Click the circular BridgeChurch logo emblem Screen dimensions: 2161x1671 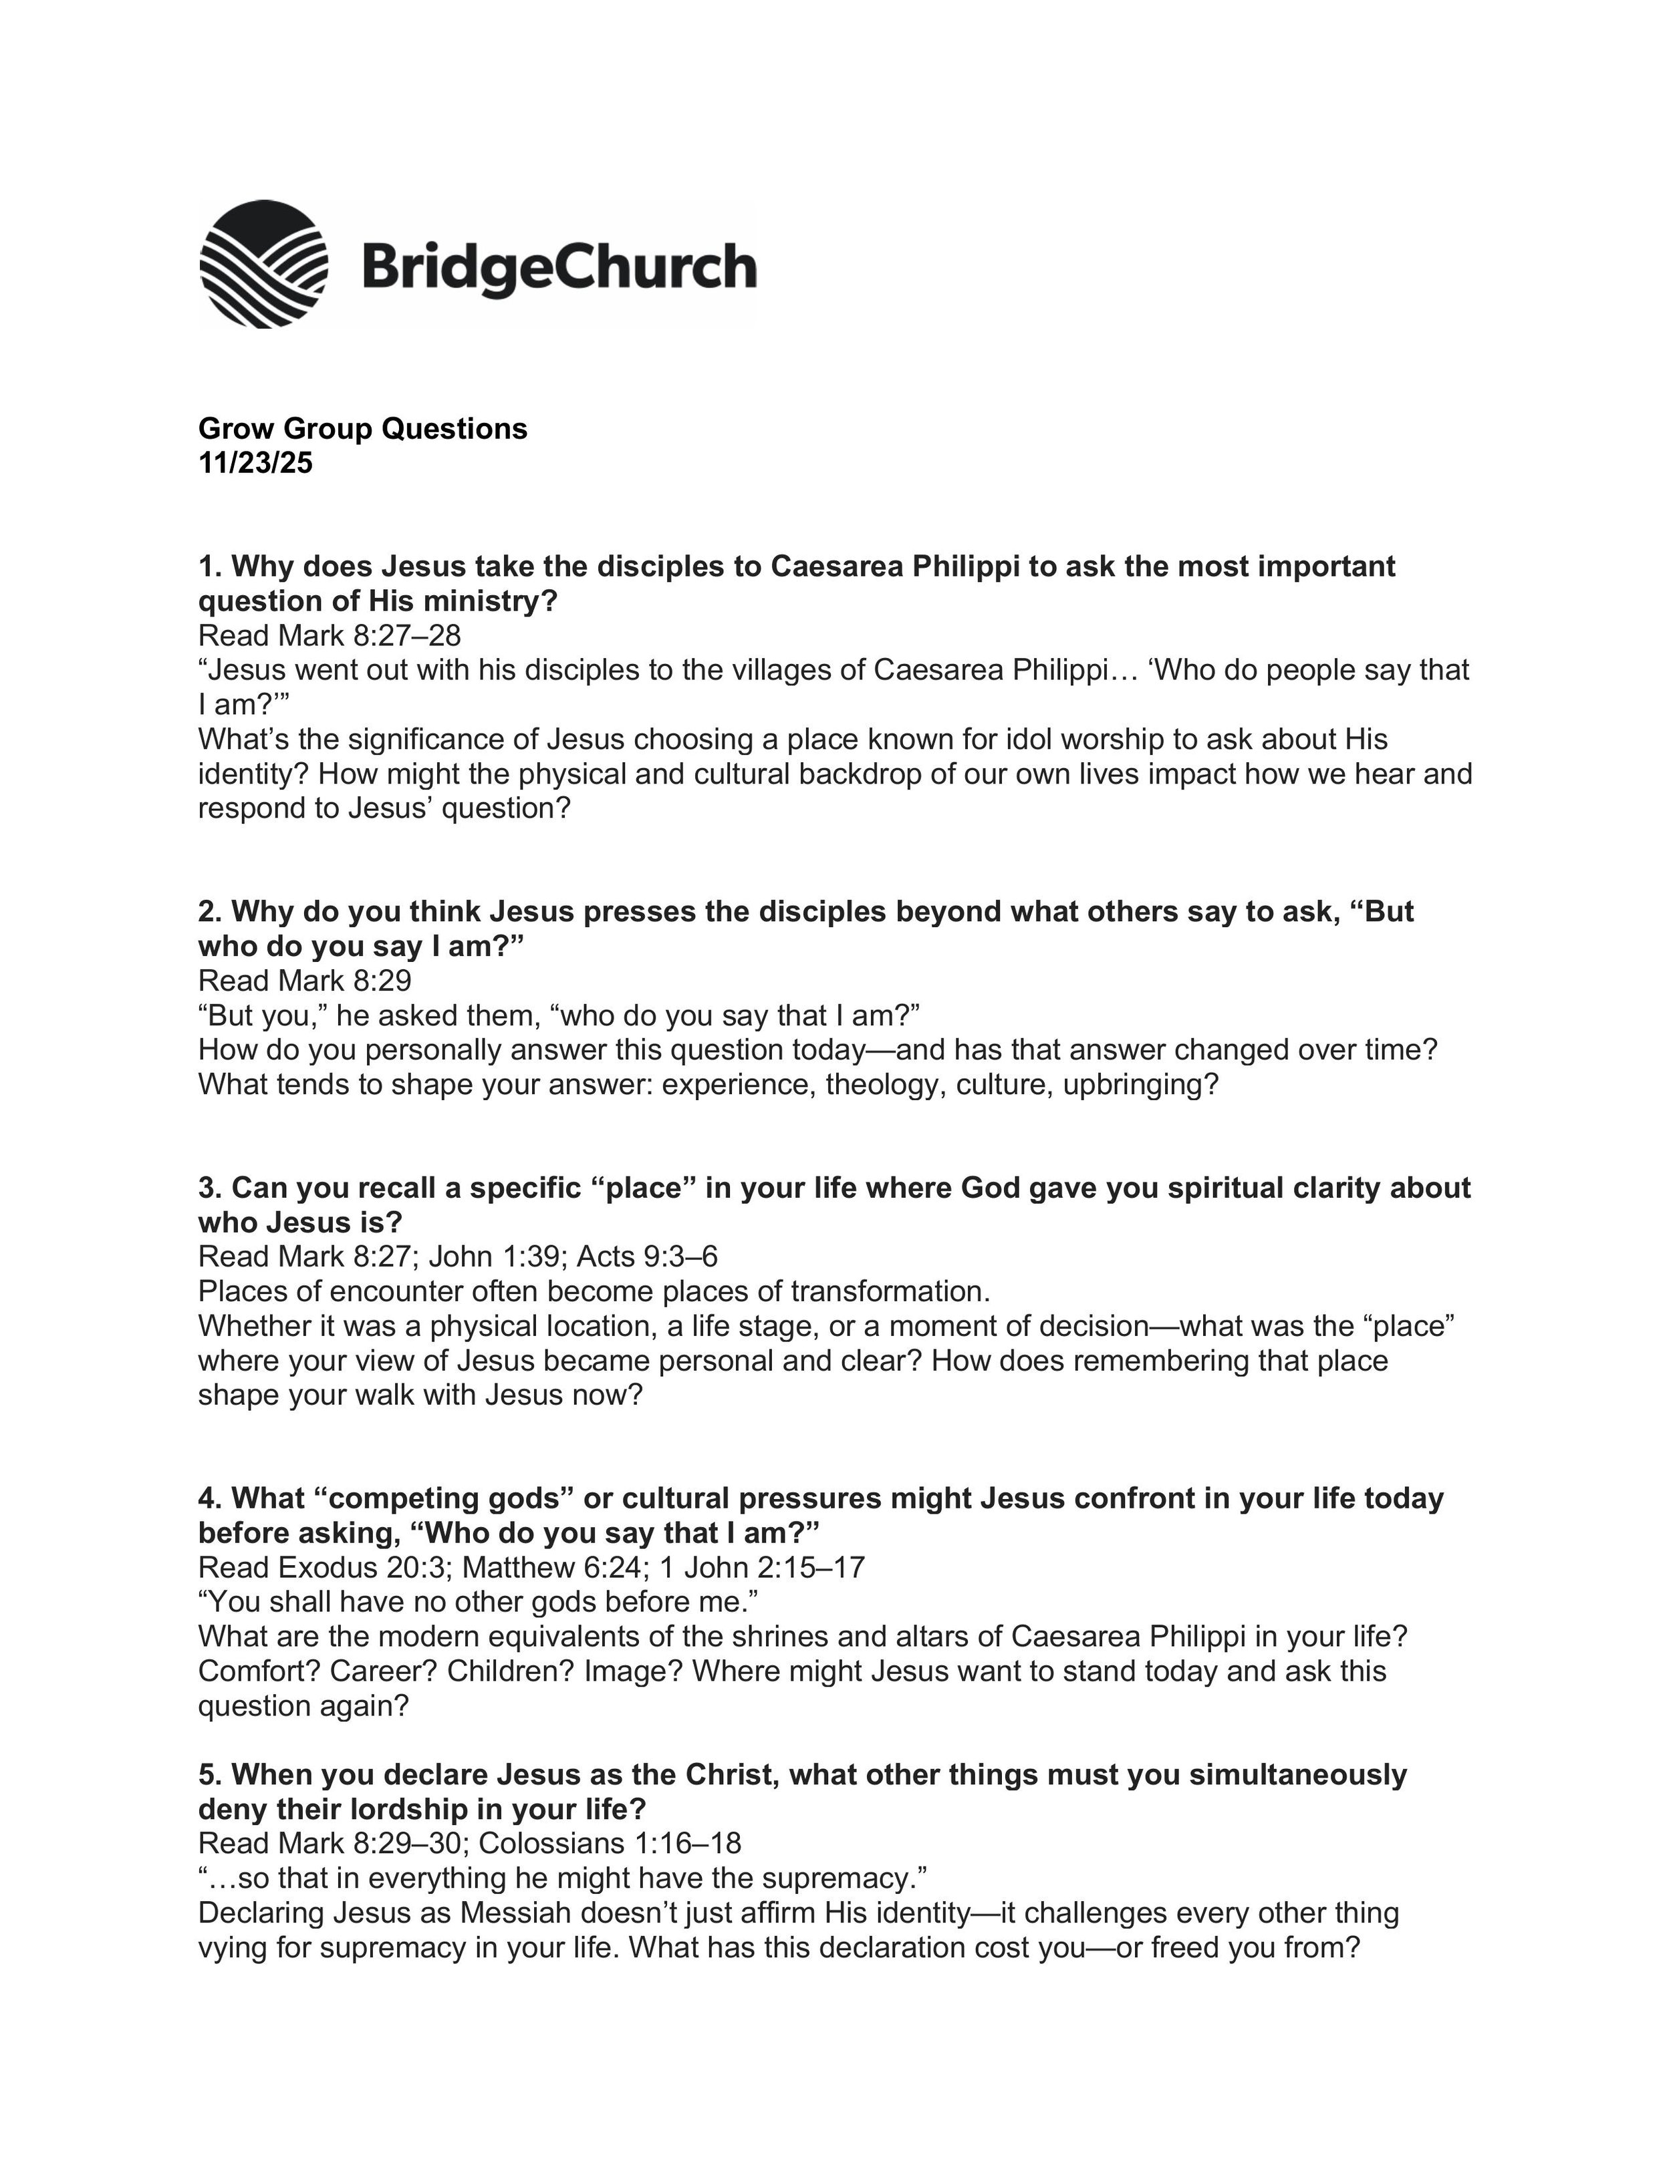point(263,264)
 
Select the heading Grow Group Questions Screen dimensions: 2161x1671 point(362,428)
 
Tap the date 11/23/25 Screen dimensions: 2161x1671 point(255,463)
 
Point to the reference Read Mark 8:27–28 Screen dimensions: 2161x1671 point(330,635)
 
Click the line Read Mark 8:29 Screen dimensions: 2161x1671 point(305,981)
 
